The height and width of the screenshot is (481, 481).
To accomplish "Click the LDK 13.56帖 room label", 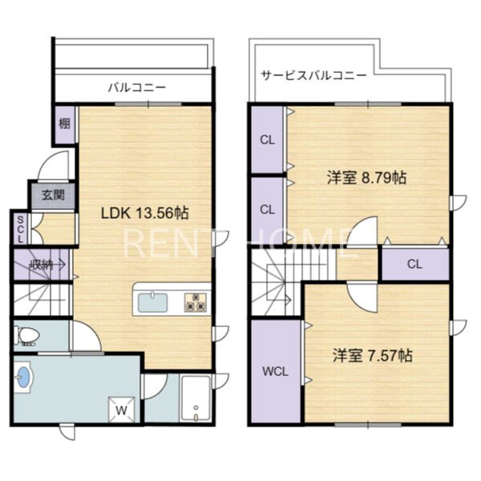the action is pyautogui.click(x=145, y=213).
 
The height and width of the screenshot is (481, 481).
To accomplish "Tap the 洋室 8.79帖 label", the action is pyautogui.click(x=367, y=178).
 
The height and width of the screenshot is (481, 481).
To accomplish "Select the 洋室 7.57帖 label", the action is pyautogui.click(x=373, y=355).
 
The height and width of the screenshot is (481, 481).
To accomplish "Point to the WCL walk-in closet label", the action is pyautogui.click(x=275, y=372).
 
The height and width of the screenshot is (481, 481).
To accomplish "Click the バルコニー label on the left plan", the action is pyautogui.click(x=137, y=87).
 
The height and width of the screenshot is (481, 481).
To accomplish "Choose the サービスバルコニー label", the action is pyautogui.click(x=313, y=75).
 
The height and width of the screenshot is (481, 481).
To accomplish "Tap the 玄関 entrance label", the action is pyautogui.click(x=54, y=195).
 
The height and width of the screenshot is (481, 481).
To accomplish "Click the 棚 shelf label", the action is pyautogui.click(x=64, y=124).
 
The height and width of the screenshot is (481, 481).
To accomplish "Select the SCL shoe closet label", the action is pyautogui.click(x=20, y=229).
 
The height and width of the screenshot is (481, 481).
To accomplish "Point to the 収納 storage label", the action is pyautogui.click(x=42, y=265).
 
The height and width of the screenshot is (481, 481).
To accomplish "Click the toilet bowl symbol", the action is pyautogui.click(x=27, y=335).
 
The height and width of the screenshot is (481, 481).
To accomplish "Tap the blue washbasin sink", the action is pyautogui.click(x=23, y=377).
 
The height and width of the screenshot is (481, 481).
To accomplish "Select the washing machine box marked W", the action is pyautogui.click(x=122, y=410).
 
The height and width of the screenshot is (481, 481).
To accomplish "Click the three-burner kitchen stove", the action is pyautogui.click(x=196, y=302).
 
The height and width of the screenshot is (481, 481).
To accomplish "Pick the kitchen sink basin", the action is pyautogui.click(x=153, y=302).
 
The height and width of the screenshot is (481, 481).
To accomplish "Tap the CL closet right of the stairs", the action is pyautogui.click(x=414, y=264).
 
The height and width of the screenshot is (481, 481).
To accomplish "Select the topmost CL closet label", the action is pyautogui.click(x=267, y=140).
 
